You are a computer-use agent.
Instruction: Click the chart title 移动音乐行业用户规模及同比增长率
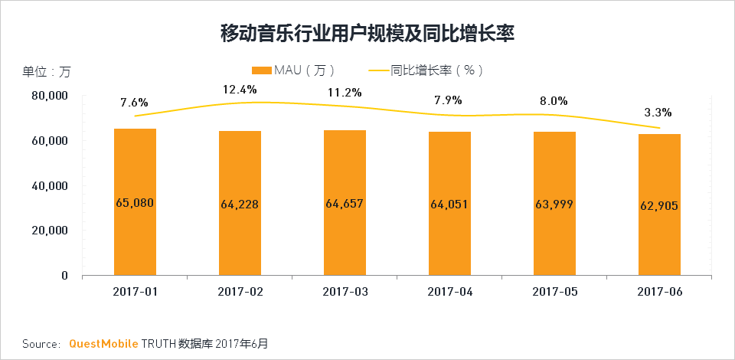[x=367, y=34]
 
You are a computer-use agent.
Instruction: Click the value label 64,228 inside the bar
[x=240, y=205]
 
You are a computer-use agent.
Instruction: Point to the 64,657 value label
[x=345, y=204]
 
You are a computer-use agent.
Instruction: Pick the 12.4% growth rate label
[x=240, y=90]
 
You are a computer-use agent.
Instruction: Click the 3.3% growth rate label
[x=657, y=113]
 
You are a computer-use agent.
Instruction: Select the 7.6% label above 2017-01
[x=134, y=102]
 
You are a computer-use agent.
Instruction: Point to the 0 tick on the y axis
[x=64, y=276]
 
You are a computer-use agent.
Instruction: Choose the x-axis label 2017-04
[x=450, y=292]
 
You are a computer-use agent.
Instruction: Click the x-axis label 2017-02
[x=240, y=292]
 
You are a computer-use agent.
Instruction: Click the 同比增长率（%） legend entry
[x=426, y=70]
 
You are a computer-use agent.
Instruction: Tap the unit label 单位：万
[x=46, y=72]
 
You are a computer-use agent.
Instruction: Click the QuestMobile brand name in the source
[x=104, y=343]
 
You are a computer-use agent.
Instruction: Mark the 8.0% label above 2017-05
[x=554, y=101]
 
